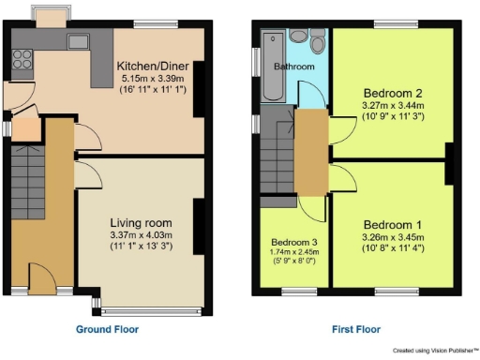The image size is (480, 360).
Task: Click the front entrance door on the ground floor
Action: (41, 278)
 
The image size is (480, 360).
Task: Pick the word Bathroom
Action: (293, 67)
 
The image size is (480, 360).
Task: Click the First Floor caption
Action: (355, 330)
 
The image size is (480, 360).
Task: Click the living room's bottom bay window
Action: (150, 307)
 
